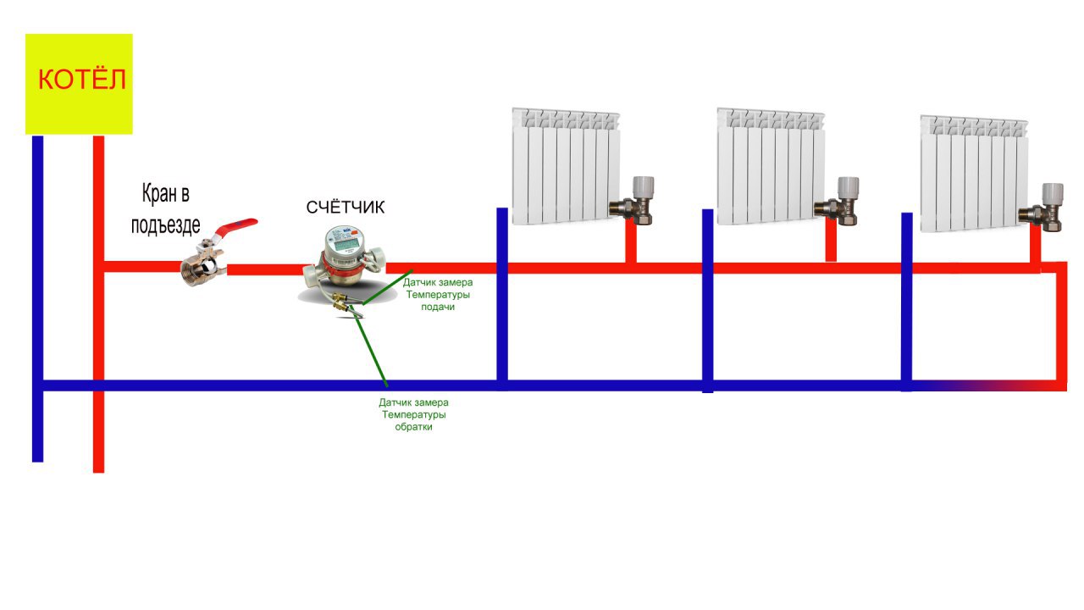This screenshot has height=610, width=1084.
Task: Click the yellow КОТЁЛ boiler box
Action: pos(79,83)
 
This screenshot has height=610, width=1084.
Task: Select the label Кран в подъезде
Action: pos(166,209)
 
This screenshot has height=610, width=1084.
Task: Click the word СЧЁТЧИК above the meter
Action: pos(346,207)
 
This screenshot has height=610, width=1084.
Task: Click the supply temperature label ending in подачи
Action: pos(438,294)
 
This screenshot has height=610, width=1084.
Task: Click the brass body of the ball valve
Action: pos(204,269)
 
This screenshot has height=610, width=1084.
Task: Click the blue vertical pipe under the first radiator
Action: pos(502,297)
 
